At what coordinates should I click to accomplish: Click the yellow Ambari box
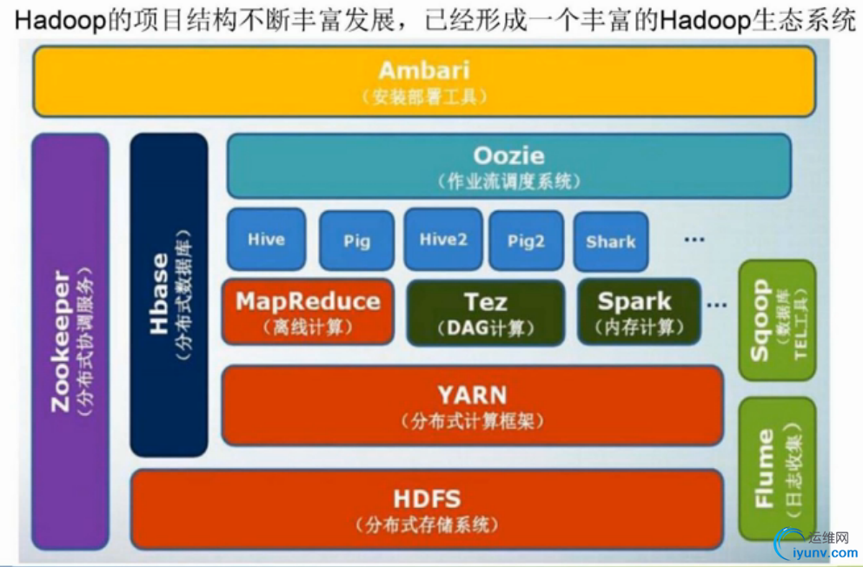click(x=423, y=81)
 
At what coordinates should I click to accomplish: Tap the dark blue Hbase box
click(x=169, y=295)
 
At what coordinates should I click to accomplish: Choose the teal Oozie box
click(x=508, y=166)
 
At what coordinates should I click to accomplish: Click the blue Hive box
click(x=266, y=239)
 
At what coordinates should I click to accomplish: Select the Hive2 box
click(x=443, y=239)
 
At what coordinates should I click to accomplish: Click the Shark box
click(x=610, y=241)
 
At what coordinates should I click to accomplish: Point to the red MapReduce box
click(x=308, y=312)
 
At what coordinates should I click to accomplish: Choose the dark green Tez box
click(x=485, y=312)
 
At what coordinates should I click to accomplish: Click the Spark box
click(x=634, y=312)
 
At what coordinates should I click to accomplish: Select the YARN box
click(x=472, y=405)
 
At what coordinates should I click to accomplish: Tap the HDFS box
click(x=426, y=509)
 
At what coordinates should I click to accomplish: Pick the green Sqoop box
click(x=777, y=320)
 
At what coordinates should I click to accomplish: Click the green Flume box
click(x=777, y=468)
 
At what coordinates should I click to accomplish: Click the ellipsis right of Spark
click(x=716, y=305)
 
